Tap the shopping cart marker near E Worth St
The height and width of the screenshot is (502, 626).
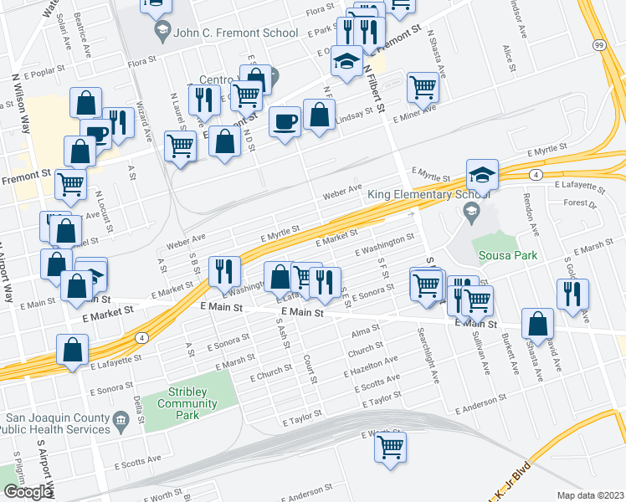click(x=390, y=448)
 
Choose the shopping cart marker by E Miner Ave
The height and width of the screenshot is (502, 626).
click(x=423, y=86)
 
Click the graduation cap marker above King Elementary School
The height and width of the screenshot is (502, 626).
click(x=482, y=174)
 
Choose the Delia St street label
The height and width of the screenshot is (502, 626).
click(x=139, y=410)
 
